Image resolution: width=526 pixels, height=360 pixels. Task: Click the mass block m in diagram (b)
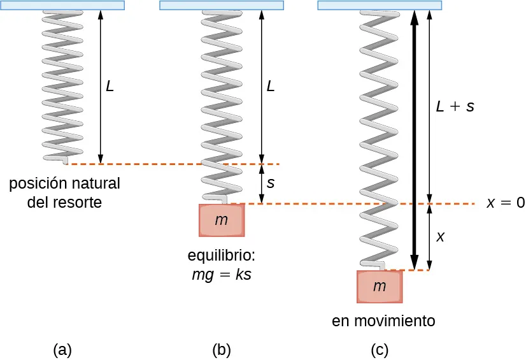tap(221, 220)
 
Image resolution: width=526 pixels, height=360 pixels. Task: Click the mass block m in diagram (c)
tap(380, 286)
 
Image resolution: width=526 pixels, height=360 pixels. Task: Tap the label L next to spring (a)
tap(110, 87)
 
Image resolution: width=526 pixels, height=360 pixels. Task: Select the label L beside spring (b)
tap(271, 87)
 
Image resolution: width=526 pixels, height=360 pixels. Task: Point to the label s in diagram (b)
tap(271, 184)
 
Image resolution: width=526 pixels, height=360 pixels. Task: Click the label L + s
tap(455, 106)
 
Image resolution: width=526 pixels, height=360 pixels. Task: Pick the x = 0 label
tap(505, 203)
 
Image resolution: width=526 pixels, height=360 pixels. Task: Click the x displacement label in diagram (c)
tap(440, 237)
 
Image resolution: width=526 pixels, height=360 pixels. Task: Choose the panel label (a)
tap(62, 349)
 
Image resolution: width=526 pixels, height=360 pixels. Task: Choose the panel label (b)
tap(221, 349)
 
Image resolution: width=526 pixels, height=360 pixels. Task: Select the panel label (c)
tap(380, 349)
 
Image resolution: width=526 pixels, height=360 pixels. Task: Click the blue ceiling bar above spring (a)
tap(62, 5)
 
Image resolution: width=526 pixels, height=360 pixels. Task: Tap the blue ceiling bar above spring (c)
tap(380, 5)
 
